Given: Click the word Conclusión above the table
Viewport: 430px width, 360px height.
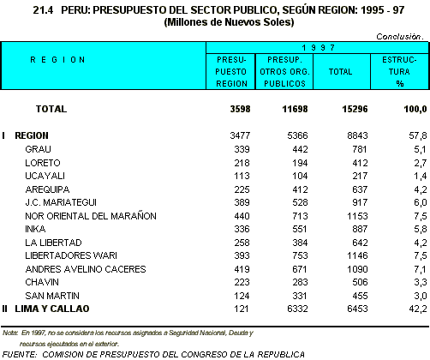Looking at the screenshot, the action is click(398, 37).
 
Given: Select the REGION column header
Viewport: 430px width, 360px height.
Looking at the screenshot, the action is click(57, 60).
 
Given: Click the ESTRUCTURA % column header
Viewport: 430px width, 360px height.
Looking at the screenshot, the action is click(399, 72).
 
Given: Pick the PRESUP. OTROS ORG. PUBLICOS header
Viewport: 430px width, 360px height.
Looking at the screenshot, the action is click(284, 72).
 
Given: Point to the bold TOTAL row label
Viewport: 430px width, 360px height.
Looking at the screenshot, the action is click(51, 109).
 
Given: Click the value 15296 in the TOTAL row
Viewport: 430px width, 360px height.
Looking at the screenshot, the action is click(355, 109).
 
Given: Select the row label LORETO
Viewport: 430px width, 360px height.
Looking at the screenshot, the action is click(43, 163).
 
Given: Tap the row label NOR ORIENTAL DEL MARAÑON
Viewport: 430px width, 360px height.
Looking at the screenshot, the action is click(91, 216).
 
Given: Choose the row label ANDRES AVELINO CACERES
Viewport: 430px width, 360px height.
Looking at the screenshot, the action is click(86, 269).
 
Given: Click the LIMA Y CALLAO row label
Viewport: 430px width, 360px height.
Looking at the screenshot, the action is click(52, 309).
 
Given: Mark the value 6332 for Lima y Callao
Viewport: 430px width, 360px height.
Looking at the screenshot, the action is click(297, 309).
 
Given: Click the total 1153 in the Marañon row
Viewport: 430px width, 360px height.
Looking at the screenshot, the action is click(357, 216).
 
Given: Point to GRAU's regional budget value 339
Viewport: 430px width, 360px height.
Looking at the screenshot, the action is click(242, 149).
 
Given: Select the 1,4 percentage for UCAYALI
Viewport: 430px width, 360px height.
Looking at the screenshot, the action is click(421, 176).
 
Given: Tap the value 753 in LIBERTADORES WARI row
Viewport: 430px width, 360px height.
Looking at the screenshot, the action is click(300, 255).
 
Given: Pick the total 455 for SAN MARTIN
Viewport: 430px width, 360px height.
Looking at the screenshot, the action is click(360, 296).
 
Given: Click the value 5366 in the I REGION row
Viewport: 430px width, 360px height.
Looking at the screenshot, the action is click(297, 135).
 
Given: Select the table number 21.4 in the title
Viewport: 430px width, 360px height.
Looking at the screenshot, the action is click(43, 10).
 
